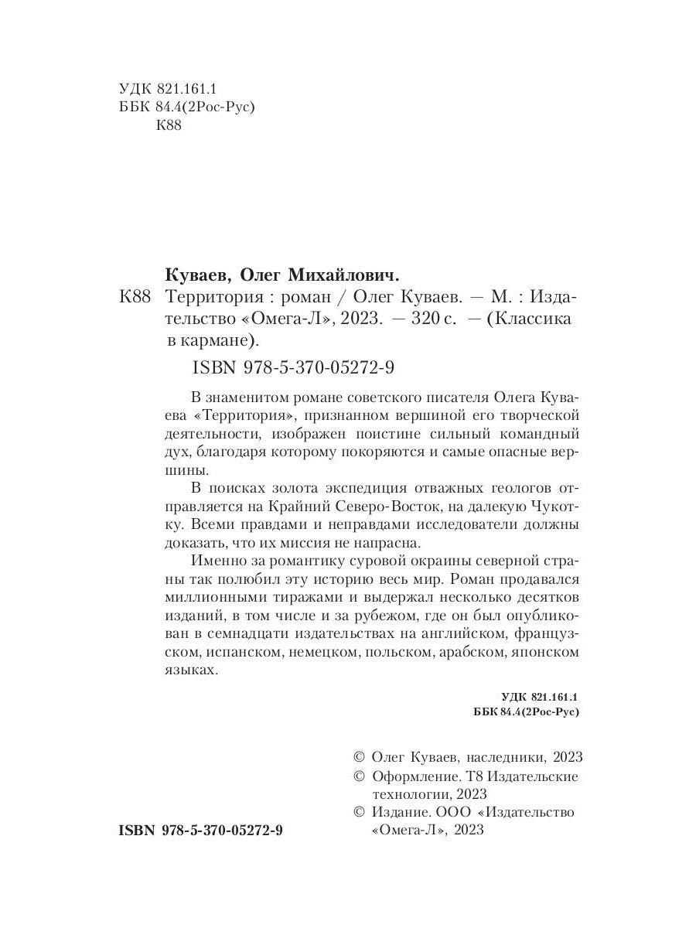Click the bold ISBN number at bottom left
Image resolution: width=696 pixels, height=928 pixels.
pyautogui.click(x=201, y=830)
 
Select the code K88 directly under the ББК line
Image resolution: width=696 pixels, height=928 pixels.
pyautogui.click(x=169, y=126)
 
